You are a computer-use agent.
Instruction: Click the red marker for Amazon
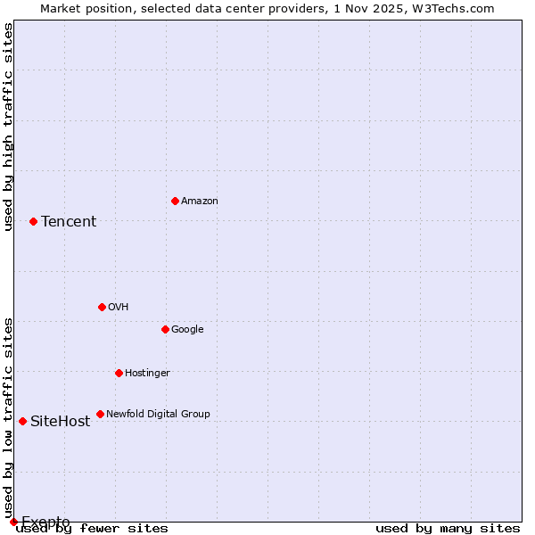[175, 201]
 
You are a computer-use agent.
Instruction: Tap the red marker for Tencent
[33, 221]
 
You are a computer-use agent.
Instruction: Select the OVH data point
[102, 307]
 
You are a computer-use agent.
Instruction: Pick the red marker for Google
[165, 329]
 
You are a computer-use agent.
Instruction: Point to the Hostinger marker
[119, 373]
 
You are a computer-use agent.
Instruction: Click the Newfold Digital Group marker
[100, 414]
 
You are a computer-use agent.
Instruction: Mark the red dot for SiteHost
[22, 421]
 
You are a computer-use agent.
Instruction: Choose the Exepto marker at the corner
[13, 522]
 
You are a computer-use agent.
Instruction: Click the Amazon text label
[199, 201]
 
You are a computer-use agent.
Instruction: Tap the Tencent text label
[69, 221]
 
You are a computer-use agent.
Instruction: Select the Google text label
[187, 329]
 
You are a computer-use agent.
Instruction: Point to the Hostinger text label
[147, 373]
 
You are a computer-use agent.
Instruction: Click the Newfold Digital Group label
[158, 414]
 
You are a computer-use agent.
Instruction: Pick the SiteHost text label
[60, 421]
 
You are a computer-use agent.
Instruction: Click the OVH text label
[118, 307]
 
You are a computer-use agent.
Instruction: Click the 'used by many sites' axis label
[448, 529]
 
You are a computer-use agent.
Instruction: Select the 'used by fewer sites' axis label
[92, 529]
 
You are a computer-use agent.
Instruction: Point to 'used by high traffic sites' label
[8, 127]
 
